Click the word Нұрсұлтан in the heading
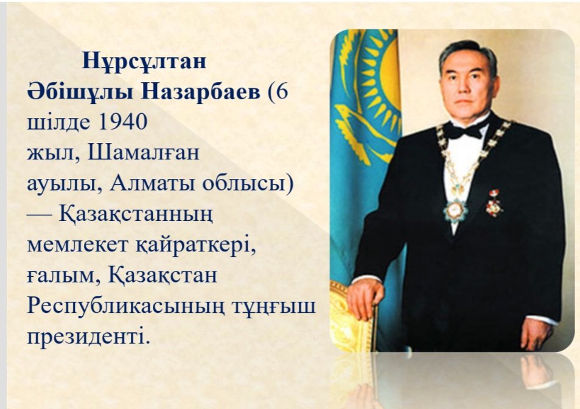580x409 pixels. pos(144,61)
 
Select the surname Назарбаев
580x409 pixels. pos(201,92)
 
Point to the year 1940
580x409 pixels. pos(123,122)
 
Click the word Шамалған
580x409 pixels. pos(144,153)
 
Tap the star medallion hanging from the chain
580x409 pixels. pos(456,211)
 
